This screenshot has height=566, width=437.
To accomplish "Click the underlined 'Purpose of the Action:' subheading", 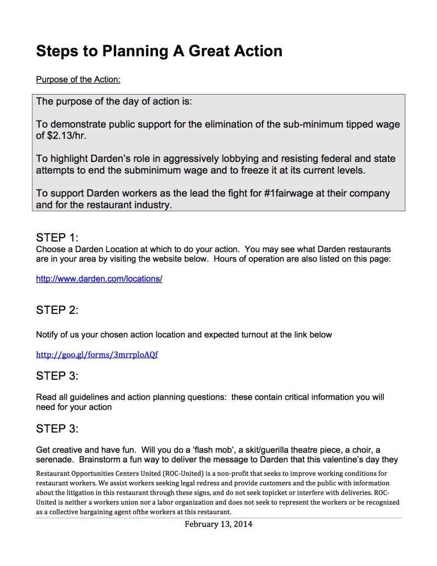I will pyautogui.click(x=78, y=80).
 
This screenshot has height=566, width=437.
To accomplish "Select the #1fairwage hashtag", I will pyautogui.click(x=294, y=193).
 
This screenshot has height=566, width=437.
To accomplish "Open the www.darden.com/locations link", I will pyautogui.click(x=99, y=279).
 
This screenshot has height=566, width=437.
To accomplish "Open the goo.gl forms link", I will pyautogui.click(x=97, y=354).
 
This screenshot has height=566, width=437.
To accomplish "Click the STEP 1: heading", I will pyautogui.click(x=57, y=238).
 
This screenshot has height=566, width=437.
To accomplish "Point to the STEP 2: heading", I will pyautogui.click(x=57, y=310).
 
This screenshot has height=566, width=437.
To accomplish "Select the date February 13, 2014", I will pyautogui.click(x=218, y=524).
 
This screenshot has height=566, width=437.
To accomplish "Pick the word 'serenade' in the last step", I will pyautogui.click(x=55, y=459).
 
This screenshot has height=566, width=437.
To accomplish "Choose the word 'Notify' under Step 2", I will pyautogui.click(x=48, y=334).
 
